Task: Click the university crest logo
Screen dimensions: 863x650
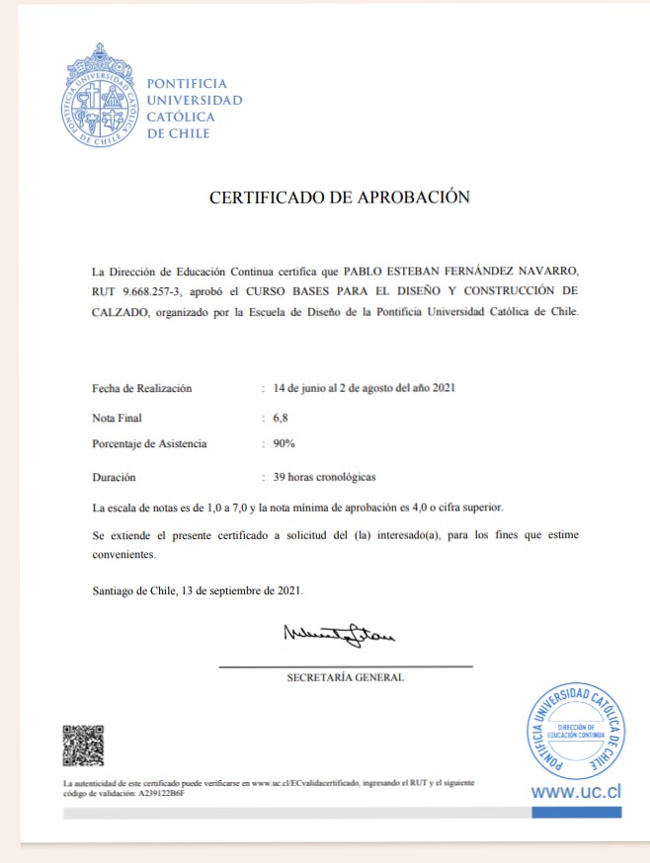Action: pos(99,96)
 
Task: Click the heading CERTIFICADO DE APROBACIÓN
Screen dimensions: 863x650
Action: pos(339,197)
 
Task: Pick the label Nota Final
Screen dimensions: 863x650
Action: pos(117,419)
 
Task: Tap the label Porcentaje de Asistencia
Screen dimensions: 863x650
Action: pos(149,443)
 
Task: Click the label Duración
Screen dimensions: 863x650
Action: pos(114,476)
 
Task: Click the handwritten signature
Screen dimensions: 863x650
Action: pos(338,634)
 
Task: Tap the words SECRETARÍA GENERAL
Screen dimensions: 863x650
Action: pos(345,678)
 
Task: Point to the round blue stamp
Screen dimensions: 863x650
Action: pos(577,732)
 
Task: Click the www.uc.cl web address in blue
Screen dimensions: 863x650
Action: pos(576,792)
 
